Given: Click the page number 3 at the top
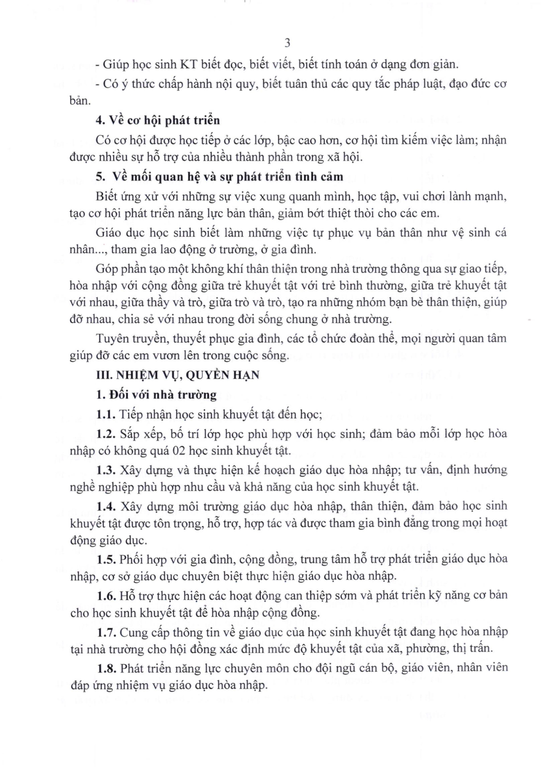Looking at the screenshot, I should pos(287,44).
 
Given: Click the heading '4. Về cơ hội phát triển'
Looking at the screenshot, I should pos(158,121).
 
